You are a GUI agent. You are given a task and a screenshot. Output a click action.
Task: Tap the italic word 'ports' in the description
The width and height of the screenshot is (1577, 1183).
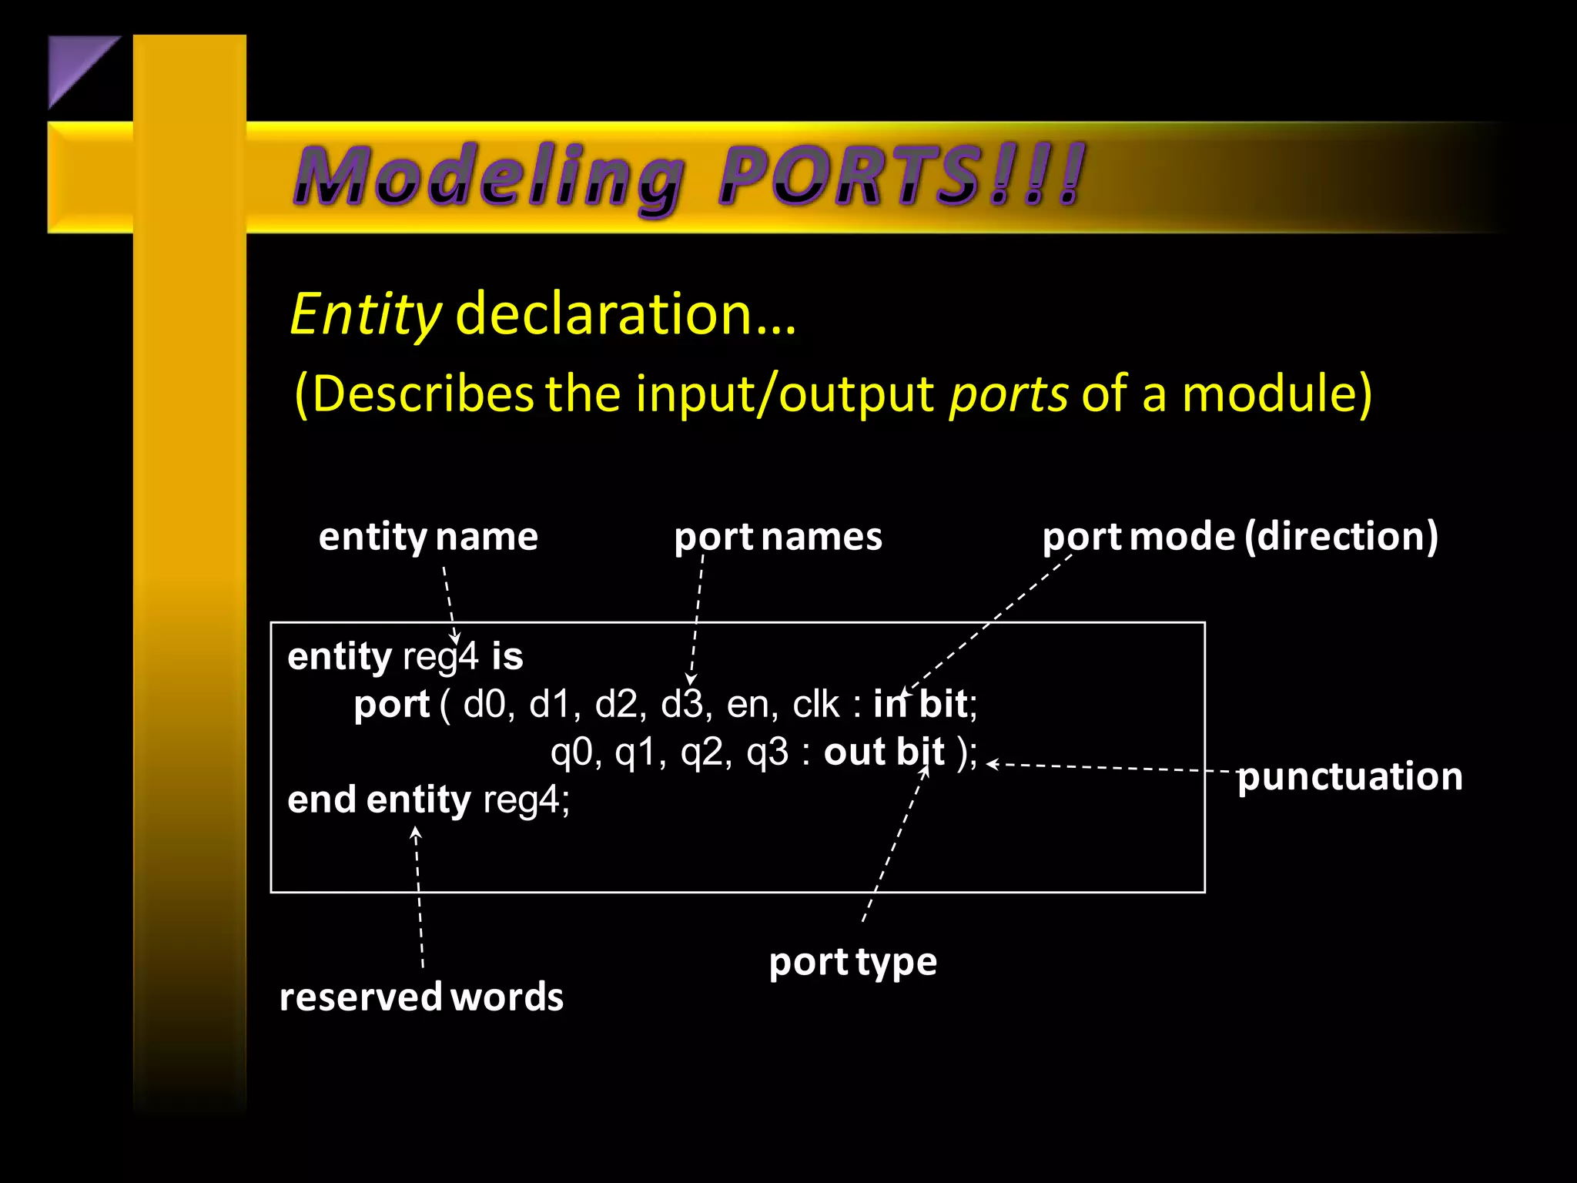tap(1008, 394)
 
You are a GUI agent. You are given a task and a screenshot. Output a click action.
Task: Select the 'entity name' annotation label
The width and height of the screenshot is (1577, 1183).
tap(428, 536)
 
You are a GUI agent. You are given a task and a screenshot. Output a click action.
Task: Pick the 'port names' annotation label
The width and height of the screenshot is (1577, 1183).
tap(778, 536)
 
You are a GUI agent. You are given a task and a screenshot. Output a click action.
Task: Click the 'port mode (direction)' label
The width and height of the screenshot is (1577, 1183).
tap(1240, 536)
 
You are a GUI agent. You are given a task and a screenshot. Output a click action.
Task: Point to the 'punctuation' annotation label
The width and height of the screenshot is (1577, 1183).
tap(1349, 776)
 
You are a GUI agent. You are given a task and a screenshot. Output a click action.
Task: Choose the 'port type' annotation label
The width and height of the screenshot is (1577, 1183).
tap(853, 962)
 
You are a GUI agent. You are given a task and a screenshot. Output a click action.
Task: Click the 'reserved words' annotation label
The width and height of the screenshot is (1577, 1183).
tap(421, 997)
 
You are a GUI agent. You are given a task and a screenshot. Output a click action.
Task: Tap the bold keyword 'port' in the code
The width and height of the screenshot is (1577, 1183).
tap(391, 705)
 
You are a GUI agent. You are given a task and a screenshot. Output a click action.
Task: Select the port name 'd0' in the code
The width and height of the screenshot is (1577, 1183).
tap(484, 705)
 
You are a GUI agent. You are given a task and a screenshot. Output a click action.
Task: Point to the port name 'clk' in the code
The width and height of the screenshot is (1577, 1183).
tap(815, 705)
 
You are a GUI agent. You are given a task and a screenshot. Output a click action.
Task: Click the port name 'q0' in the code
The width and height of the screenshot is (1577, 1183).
tap(571, 753)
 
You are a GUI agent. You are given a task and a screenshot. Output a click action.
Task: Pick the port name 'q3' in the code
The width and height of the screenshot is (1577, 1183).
tap(767, 753)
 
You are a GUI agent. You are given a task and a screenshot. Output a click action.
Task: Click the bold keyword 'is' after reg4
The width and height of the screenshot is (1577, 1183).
tap(507, 657)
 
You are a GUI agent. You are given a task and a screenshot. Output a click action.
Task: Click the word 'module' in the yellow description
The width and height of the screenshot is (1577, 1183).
tap(1267, 394)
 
